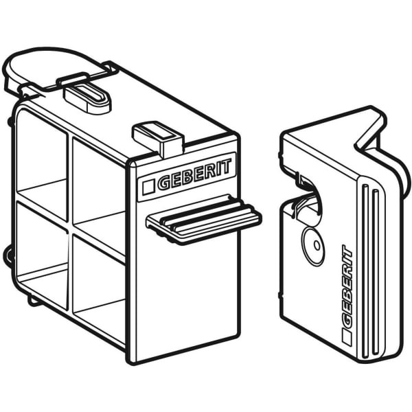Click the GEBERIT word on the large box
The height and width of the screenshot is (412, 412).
coord(194,174)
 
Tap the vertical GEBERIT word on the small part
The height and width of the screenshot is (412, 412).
coord(347,286)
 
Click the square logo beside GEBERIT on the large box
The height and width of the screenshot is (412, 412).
coord(148,187)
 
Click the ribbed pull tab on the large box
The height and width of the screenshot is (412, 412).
coord(204,220)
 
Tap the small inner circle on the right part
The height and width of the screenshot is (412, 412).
coord(317,245)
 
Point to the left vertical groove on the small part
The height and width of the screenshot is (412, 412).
coord(365,271)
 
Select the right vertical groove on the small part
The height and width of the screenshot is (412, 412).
coord(376,272)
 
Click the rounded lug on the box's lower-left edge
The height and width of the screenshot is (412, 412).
coord(8,255)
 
